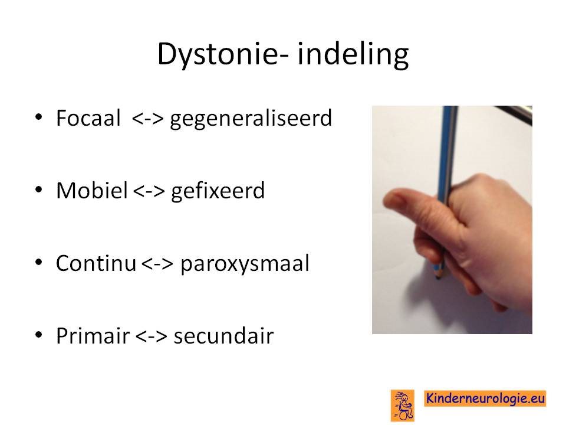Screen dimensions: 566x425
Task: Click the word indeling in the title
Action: point(353,54)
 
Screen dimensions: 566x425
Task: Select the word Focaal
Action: point(88,118)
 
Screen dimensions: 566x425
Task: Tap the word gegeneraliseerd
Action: point(251,119)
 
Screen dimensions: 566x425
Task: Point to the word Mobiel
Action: point(92,190)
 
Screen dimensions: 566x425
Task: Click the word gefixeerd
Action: point(218,191)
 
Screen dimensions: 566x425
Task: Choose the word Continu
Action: point(96,263)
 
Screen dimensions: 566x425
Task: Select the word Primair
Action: point(93,335)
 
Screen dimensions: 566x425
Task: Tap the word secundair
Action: point(224,335)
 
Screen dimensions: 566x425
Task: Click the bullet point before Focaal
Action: point(39,117)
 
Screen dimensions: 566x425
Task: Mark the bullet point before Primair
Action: point(39,334)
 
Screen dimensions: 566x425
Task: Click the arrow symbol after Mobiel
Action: point(149,191)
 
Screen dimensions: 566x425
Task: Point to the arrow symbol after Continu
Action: point(157,263)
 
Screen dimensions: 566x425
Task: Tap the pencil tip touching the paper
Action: point(438,278)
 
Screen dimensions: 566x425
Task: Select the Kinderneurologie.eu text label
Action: point(485,398)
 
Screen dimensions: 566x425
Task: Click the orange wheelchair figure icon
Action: point(403,406)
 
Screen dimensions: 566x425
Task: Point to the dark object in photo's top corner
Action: point(514,114)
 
